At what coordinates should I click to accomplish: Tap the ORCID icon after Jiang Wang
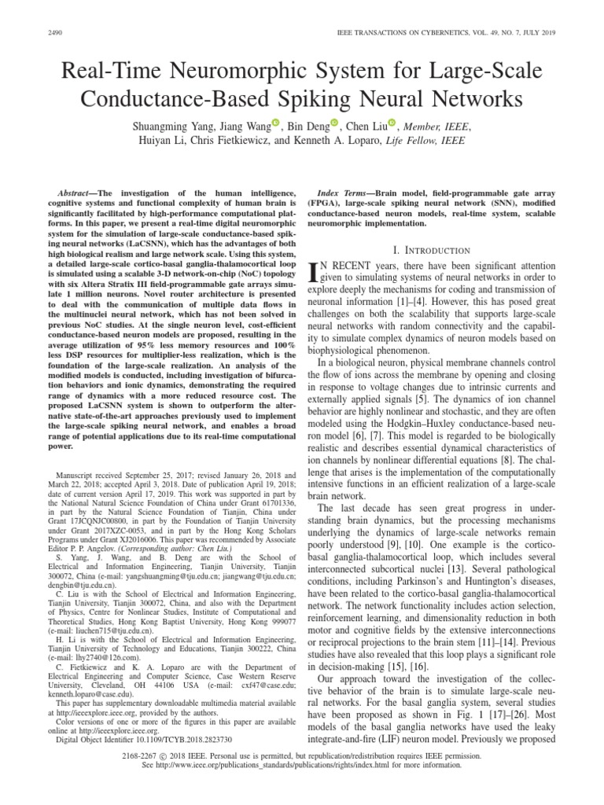pos(275,122)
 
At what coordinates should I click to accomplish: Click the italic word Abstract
pos(79,193)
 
